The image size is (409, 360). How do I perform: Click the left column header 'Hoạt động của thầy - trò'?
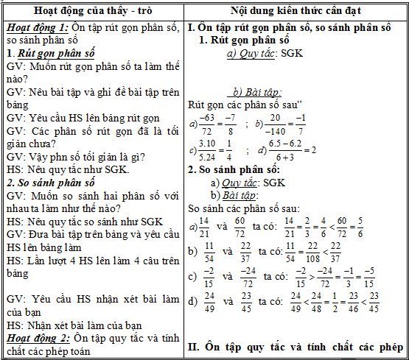(x=92, y=10)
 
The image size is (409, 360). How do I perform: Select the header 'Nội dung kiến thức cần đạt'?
(x=293, y=10)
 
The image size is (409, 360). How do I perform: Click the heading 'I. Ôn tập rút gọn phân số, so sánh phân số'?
(x=294, y=27)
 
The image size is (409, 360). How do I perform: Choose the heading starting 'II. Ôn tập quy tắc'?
(x=295, y=345)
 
